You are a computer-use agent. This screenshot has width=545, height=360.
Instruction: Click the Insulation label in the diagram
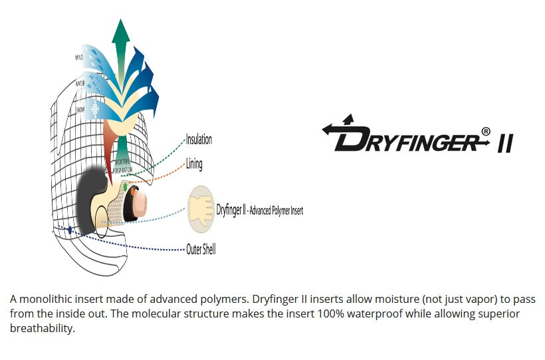tap(199, 139)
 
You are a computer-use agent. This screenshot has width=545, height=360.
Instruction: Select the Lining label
tap(194, 164)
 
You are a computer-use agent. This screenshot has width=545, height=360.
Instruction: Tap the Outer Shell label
tap(201, 250)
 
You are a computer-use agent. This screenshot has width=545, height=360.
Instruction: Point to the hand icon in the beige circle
tap(201, 206)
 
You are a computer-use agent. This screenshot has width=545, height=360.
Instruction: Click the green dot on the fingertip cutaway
tap(124, 188)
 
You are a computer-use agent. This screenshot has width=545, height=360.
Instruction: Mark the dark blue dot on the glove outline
tap(69, 229)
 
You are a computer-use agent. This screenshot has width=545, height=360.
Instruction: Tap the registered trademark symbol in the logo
tap(486, 132)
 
